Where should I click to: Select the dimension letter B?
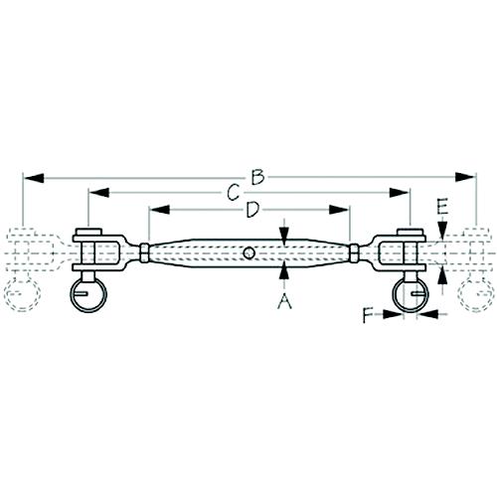[256, 178]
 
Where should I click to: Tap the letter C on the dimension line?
[232, 192]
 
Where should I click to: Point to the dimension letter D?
[252, 210]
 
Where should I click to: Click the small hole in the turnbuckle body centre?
[248, 252]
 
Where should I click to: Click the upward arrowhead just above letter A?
[285, 266]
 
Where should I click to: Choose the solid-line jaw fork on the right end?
[398, 248]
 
